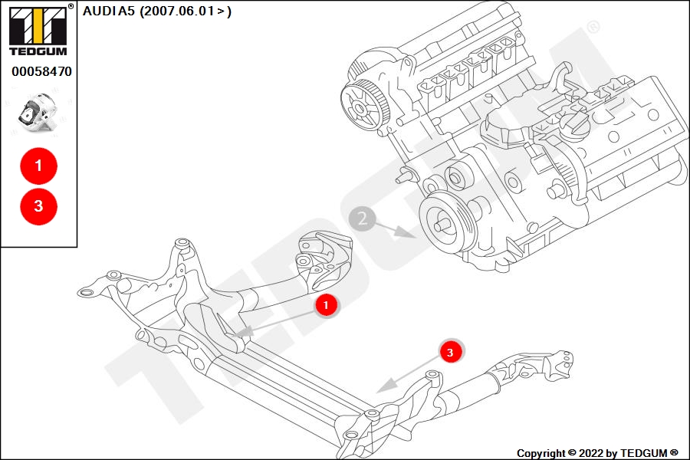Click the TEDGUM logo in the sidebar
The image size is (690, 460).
(x=38, y=31)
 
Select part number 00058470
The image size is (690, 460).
(x=41, y=71)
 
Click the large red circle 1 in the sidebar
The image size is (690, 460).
(x=39, y=166)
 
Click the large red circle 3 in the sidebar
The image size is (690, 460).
(x=39, y=206)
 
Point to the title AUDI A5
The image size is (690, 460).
(x=109, y=11)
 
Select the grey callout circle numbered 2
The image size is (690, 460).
(x=362, y=219)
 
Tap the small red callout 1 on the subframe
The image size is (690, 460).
(x=326, y=305)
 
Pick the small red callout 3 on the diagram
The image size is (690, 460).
(x=450, y=352)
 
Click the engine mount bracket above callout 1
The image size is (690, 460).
(x=324, y=260)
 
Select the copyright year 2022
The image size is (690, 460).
(x=591, y=453)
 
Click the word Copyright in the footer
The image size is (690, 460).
(x=540, y=453)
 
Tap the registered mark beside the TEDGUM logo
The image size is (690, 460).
(x=71, y=6)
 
